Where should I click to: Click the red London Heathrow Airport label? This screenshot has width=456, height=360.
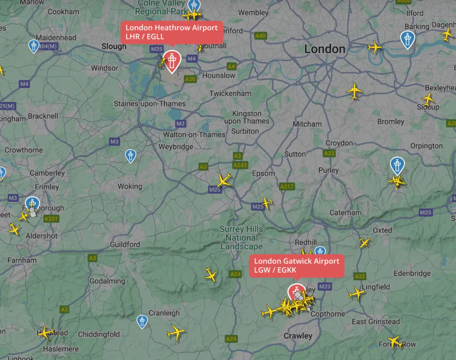[x=172, y=32]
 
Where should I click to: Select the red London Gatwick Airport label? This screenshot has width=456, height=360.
[x=297, y=265]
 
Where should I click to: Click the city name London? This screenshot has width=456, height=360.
[x=325, y=49]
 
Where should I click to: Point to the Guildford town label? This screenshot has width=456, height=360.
[x=125, y=245]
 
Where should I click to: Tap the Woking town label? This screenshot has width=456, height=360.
[x=130, y=187]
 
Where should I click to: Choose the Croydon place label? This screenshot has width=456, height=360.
[x=339, y=143]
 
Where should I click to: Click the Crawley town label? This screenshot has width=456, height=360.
[x=298, y=336]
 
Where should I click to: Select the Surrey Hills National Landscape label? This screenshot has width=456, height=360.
[x=241, y=238]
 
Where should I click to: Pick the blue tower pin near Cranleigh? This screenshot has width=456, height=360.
[x=142, y=320]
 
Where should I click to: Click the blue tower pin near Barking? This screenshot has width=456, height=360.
[x=408, y=39]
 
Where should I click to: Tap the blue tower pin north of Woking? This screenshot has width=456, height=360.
[x=131, y=155]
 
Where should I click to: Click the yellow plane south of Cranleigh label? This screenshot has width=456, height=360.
[x=176, y=332]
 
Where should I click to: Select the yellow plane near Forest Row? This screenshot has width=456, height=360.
[x=395, y=341]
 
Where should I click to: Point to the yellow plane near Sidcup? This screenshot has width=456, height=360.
[x=428, y=99]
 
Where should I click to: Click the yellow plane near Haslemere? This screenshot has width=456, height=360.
[x=45, y=332]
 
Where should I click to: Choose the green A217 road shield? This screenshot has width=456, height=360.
[x=287, y=187]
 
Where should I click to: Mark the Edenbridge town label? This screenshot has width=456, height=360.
[x=412, y=273]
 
